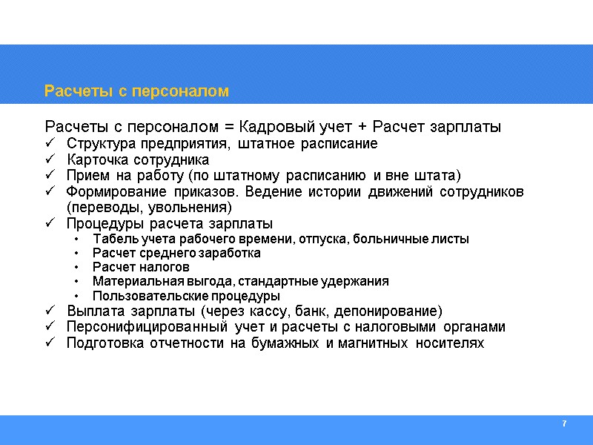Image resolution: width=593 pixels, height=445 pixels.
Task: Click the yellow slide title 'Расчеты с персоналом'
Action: [x=137, y=91]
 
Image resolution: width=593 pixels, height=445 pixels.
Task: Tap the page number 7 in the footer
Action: [x=564, y=423]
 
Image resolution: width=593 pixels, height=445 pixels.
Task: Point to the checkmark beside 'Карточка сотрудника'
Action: [x=50, y=159]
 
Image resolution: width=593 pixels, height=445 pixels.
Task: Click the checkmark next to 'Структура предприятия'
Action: [x=50, y=143]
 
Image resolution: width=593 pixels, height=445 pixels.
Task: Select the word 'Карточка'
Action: [x=93, y=159]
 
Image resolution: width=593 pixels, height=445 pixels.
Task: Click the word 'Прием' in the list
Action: [x=85, y=176]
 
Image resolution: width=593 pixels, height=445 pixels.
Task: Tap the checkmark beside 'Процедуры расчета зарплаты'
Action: [x=50, y=224]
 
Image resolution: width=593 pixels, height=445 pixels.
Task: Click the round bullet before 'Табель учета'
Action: [x=78, y=239]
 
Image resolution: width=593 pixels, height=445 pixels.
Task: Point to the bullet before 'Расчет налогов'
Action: [x=78, y=267]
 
